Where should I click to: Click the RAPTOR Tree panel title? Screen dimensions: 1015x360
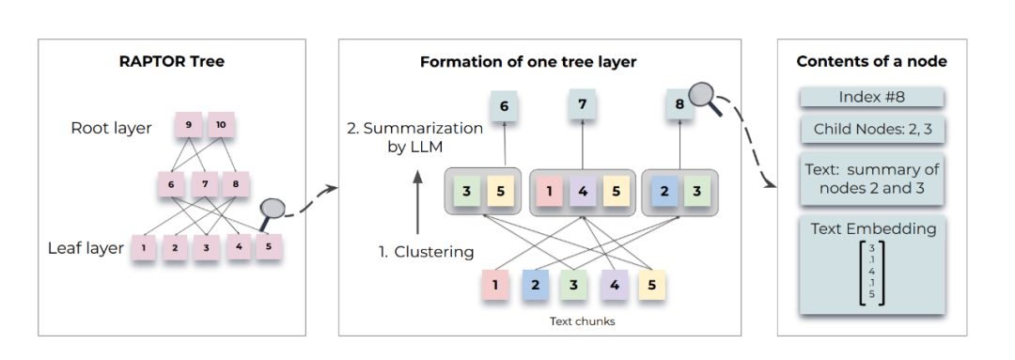tap(172, 62)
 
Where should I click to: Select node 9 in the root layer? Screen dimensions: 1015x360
tap(188, 125)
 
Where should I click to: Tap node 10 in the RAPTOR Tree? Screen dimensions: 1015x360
tap(221, 125)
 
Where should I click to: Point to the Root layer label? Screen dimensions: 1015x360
tap(111, 128)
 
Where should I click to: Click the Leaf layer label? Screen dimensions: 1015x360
tap(86, 249)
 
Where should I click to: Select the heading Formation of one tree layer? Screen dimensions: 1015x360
tap(528, 62)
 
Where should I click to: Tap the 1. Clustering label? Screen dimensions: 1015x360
tap(426, 252)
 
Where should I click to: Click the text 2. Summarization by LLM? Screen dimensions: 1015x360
tap(415, 138)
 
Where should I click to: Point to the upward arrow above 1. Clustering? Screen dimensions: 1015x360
tap(417, 201)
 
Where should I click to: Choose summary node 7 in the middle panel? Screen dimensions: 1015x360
tap(583, 104)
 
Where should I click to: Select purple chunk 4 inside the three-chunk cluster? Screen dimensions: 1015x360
tap(583, 192)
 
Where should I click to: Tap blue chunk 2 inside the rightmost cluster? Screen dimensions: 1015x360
tap(664, 192)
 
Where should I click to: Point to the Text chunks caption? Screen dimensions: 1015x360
tap(583, 321)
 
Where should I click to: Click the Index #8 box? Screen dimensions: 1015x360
tap(872, 98)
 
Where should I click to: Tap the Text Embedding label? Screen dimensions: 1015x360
tap(873, 228)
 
